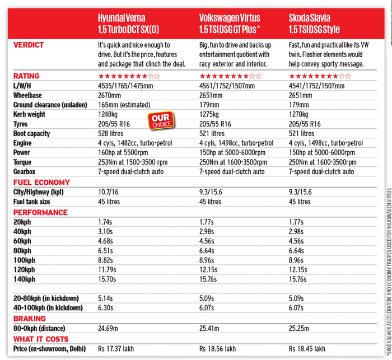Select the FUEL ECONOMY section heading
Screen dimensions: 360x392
point(41,183)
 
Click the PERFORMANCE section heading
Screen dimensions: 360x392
point(40,212)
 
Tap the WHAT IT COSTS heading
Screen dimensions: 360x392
point(41,339)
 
